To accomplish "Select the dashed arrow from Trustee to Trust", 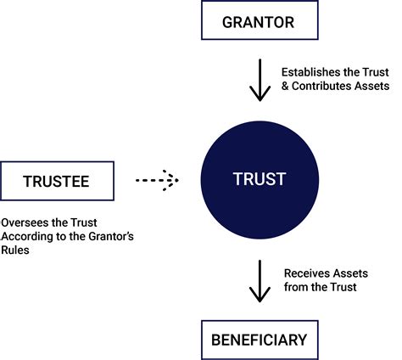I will click(157, 180).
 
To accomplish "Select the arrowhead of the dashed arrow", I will click(174, 180).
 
